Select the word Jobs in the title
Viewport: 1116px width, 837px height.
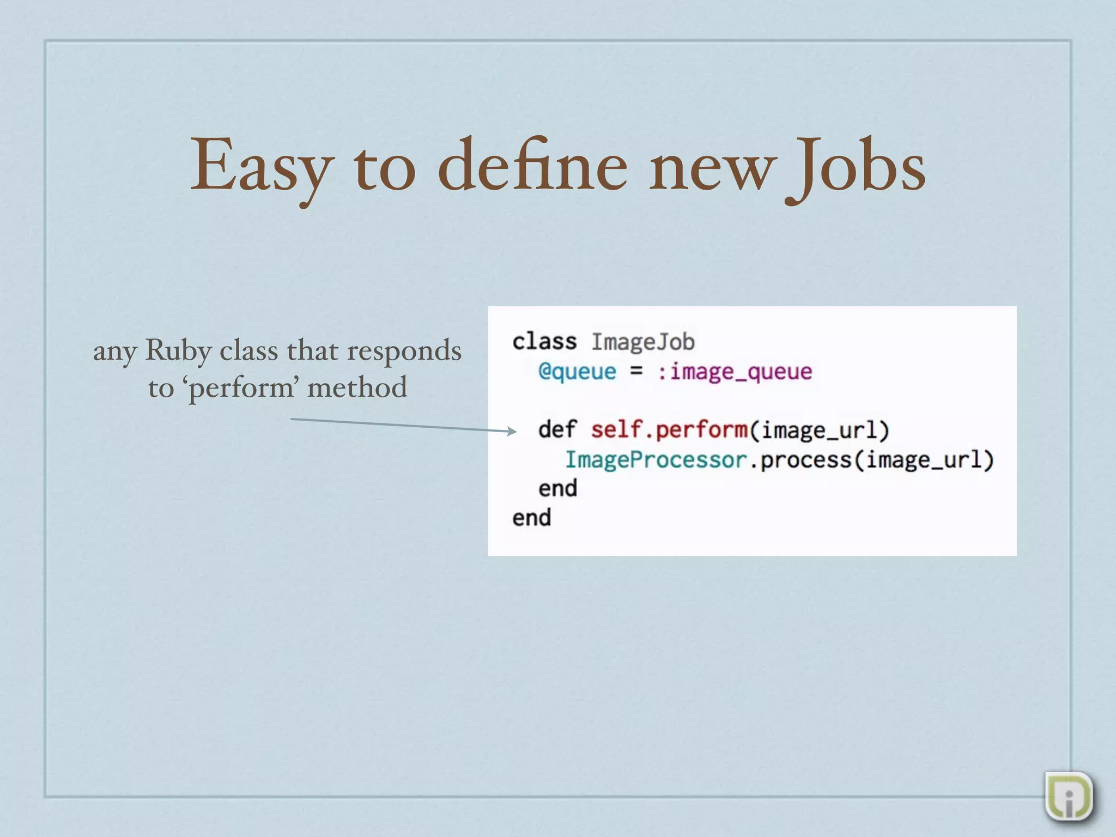click(856, 166)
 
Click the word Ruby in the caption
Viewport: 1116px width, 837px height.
click(178, 350)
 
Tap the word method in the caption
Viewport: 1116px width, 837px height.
click(357, 387)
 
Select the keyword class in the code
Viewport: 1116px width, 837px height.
click(544, 342)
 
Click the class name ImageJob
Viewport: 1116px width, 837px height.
click(643, 342)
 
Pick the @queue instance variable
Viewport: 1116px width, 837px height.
click(577, 372)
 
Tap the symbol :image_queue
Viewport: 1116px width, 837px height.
click(735, 372)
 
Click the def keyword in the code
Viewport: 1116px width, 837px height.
click(557, 429)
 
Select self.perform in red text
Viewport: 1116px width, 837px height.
click(669, 430)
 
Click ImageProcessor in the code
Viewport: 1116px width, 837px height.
click(656, 459)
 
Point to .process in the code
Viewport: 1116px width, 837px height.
click(800, 459)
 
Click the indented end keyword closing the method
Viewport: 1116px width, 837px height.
click(557, 488)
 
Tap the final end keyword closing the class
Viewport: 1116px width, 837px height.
click(531, 518)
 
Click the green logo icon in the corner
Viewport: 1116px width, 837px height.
click(1069, 796)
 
